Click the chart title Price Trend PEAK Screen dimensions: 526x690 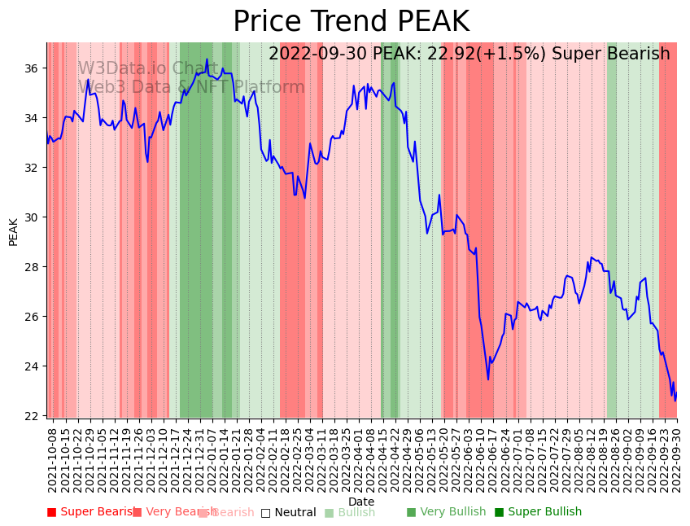point(351,22)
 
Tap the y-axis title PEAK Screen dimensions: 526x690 point(13,231)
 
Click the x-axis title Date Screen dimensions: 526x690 point(361,502)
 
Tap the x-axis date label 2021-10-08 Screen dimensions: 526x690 point(52,458)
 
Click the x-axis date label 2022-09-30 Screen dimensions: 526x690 point(675,458)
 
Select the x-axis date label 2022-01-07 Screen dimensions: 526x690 point(211,458)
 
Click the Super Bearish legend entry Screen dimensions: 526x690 point(92,512)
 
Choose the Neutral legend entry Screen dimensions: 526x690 point(288,513)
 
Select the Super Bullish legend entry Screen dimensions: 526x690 point(538,512)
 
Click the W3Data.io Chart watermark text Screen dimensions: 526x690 point(147,68)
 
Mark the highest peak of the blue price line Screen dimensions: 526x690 point(207,59)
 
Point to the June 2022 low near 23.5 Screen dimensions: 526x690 point(488,379)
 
